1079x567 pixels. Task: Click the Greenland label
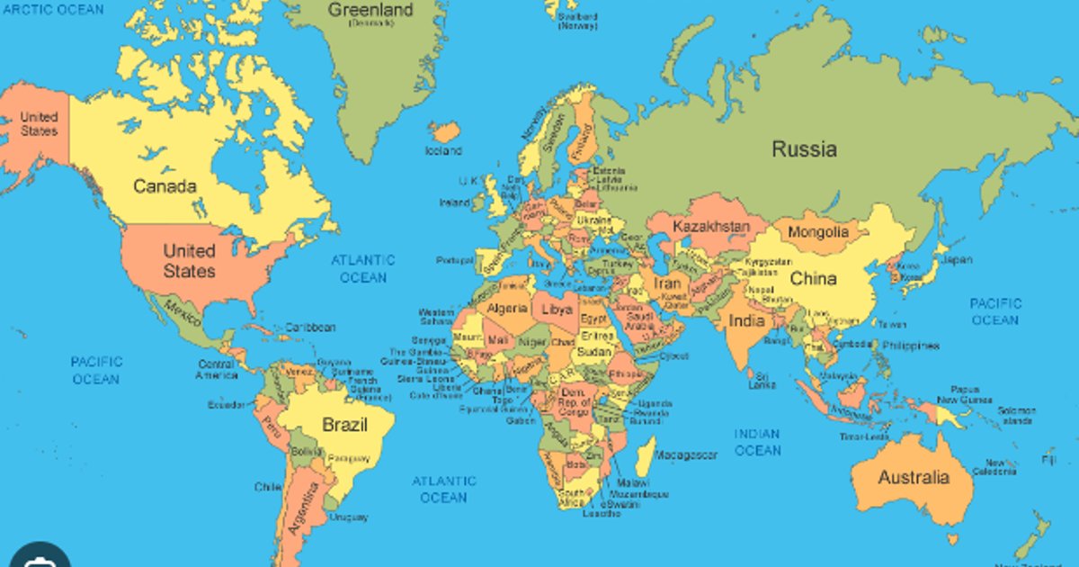pos(370,11)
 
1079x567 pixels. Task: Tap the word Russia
pos(804,149)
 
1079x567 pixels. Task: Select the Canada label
pos(165,186)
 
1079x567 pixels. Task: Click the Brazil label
pos(344,425)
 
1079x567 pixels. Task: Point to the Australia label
pos(913,477)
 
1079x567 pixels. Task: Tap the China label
pos(814,279)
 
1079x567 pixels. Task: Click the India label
pos(746,320)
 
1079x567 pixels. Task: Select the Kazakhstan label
pos(710,226)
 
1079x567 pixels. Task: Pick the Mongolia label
pos(817,232)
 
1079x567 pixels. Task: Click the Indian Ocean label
pos(757,442)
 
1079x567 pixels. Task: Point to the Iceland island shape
pos(444,132)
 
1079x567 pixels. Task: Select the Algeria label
pos(506,309)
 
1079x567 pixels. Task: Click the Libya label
pos(557,309)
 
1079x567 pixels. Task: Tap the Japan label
pos(957,260)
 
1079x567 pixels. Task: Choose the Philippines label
pos(910,346)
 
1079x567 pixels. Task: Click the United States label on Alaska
pos(39,124)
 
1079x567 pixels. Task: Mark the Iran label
pos(668,283)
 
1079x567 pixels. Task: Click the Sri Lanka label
pos(762,380)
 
